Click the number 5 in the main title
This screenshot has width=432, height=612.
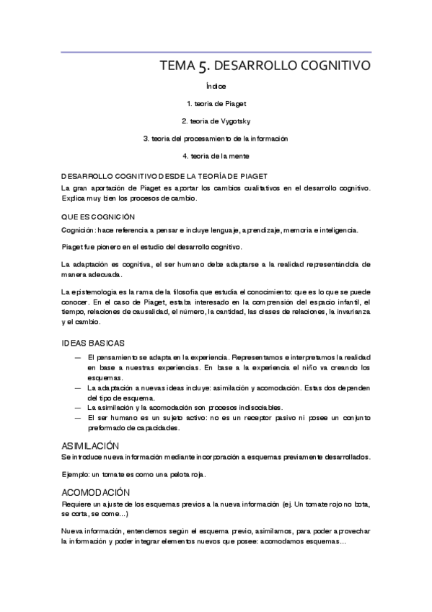(202, 66)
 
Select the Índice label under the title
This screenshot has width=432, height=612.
(216, 86)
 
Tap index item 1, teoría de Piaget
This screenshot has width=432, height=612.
(216, 103)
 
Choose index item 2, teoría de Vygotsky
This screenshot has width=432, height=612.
(216, 121)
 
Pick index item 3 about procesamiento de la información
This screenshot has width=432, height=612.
(216, 138)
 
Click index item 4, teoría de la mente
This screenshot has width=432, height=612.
(216, 155)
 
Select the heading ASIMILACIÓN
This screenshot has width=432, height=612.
(90, 446)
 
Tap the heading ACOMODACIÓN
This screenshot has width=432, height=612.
(95, 491)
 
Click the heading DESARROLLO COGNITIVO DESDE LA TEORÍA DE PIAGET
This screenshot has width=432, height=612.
(165, 175)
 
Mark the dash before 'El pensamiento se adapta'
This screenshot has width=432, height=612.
(78, 357)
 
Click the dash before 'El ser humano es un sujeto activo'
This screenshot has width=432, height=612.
(78, 417)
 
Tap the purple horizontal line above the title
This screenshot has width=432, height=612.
(216, 52)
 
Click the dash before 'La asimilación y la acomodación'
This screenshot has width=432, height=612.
(78, 407)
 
